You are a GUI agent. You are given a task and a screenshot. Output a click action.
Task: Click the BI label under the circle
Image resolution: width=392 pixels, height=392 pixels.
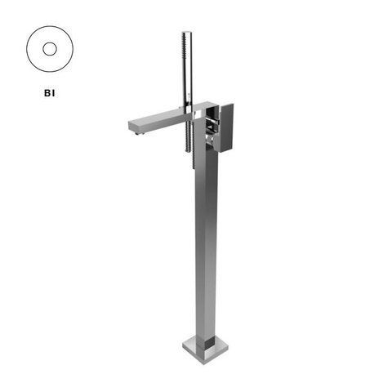[x=50, y=93]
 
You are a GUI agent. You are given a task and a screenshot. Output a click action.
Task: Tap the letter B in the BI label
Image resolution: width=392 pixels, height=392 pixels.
[x=47, y=93]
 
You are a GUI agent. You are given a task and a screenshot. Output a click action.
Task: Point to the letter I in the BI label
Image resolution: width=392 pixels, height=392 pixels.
[x=54, y=93]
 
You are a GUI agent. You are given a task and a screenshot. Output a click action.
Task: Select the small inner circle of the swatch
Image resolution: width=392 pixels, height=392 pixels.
[x=50, y=49]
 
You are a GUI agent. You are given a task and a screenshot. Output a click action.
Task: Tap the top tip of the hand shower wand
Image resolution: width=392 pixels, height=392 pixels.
[x=187, y=33]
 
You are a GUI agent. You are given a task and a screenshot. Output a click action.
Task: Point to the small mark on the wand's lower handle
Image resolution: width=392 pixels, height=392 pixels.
[x=188, y=95]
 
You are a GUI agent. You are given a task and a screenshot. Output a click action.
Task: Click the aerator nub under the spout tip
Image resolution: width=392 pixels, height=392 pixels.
[x=138, y=133]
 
